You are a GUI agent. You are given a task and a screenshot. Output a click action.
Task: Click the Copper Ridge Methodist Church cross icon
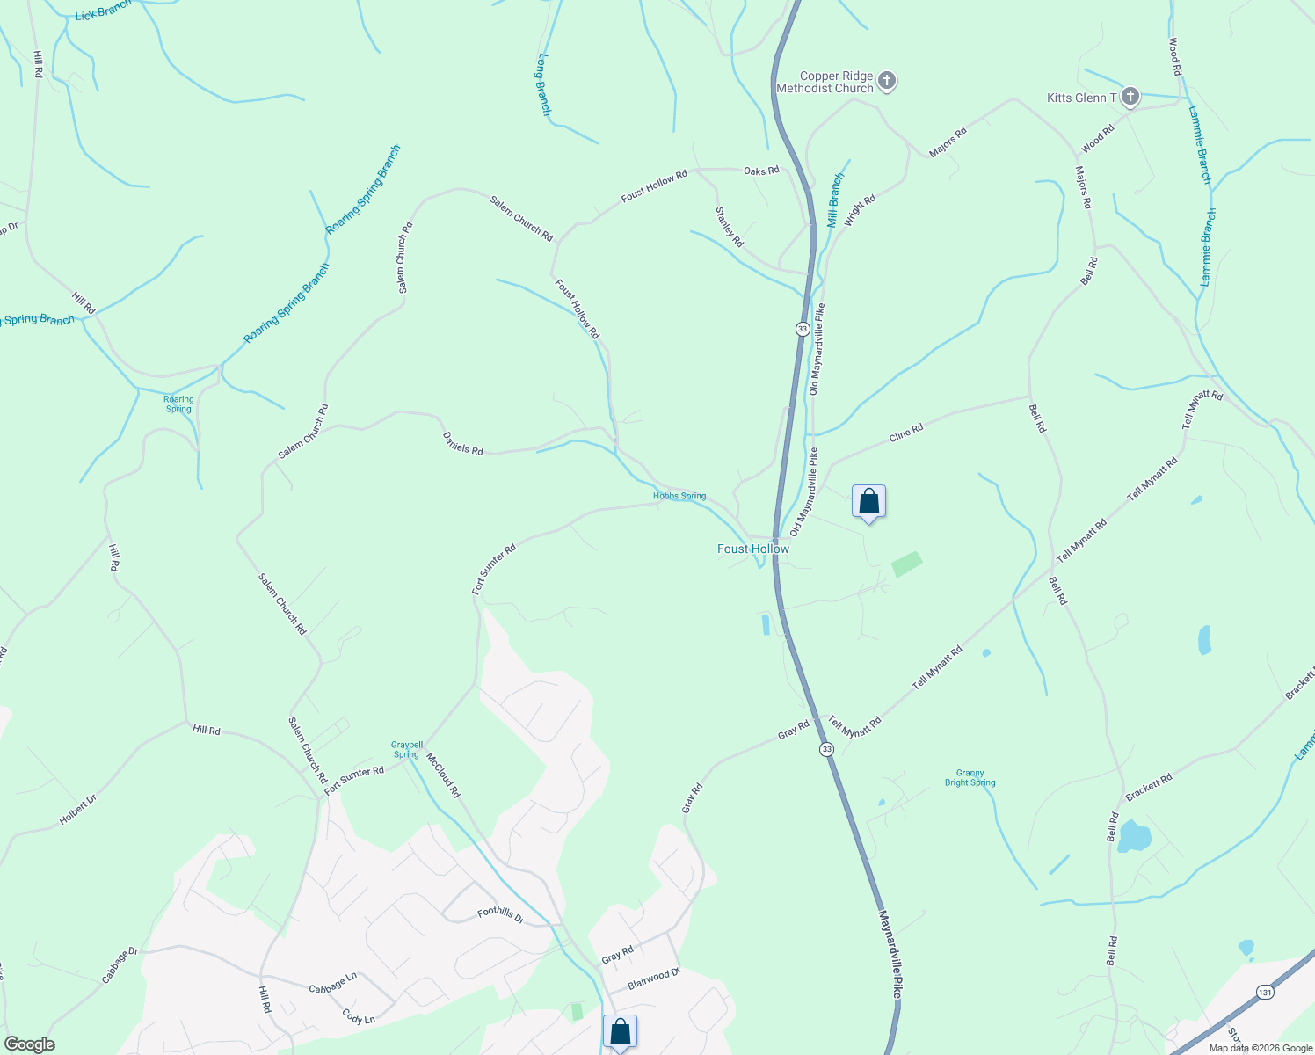pyautogui.click(x=887, y=82)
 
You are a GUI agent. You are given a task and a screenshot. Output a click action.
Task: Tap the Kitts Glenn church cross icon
pyautogui.click(x=1130, y=97)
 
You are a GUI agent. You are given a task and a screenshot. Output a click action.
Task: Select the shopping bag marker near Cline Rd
pyautogui.click(x=868, y=502)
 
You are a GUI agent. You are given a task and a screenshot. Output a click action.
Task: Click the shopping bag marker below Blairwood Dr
pyautogui.click(x=620, y=1032)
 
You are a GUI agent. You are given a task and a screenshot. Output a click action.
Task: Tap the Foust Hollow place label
pyautogui.click(x=753, y=549)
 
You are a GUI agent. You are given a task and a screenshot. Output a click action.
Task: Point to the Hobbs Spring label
pyautogui.click(x=679, y=496)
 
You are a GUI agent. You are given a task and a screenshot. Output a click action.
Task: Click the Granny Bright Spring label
pyautogui.click(x=970, y=778)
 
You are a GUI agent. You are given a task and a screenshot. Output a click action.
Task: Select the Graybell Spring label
pyautogui.click(x=406, y=749)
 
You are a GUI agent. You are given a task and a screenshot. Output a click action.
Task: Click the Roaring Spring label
pyautogui.click(x=178, y=404)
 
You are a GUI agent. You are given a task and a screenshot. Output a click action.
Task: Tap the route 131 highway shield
pyautogui.click(x=1265, y=991)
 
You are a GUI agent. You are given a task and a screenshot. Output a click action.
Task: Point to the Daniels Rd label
pyautogui.click(x=462, y=444)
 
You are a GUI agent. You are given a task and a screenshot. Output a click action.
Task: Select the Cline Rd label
pyautogui.click(x=905, y=433)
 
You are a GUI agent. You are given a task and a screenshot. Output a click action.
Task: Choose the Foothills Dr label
pyautogui.click(x=500, y=915)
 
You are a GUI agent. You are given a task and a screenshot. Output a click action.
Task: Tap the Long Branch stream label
pyautogui.click(x=543, y=84)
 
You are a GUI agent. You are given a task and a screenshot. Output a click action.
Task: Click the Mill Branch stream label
pyautogui.click(x=835, y=200)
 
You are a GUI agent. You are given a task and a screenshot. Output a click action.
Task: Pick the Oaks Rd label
pyautogui.click(x=761, y=171)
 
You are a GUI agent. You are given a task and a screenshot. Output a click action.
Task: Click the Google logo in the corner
pyautogui.click(x=29, y=1044)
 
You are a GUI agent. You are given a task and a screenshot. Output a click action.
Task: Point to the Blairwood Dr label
pyautogui.click(x=654, y=979)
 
